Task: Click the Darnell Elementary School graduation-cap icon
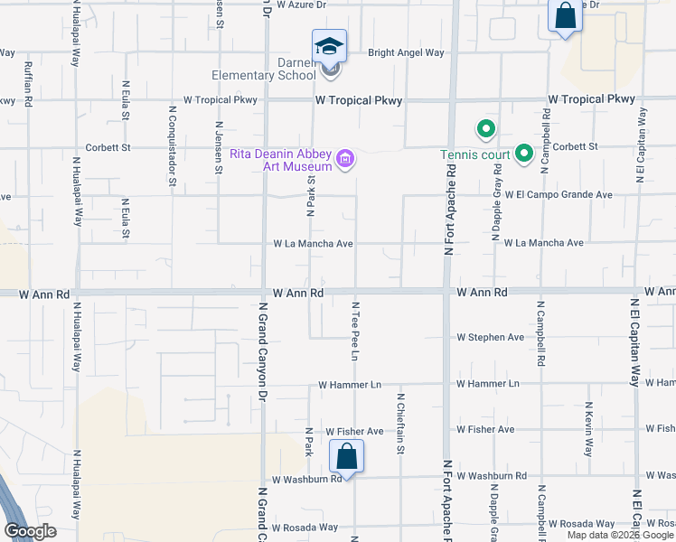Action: (329, 45)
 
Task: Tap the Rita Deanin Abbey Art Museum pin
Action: (344, 160)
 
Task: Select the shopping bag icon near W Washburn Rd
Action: (346, 456)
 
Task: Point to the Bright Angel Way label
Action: (406, 53)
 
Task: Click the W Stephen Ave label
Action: (490, 338)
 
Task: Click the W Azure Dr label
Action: (301, 5)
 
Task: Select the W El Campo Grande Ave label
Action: (559, 194)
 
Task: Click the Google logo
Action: (30, 531)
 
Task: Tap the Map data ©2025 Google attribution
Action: (620, 535)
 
